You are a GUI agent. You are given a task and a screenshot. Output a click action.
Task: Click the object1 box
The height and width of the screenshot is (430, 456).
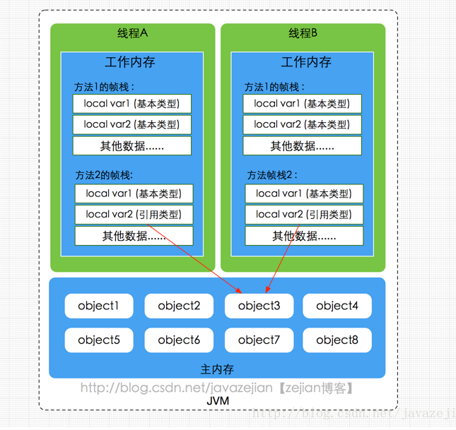click(x=99, y=306)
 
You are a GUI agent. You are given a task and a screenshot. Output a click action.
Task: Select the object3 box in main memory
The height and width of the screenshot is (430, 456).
click(x=259, y=306)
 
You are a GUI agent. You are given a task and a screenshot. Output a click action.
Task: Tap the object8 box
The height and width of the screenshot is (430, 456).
click(x=337, y=340)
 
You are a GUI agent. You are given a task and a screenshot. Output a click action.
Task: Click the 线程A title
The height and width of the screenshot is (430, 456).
click(x=132, y=33)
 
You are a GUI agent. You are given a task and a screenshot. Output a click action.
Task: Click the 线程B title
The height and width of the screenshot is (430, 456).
click(x=303, y=33)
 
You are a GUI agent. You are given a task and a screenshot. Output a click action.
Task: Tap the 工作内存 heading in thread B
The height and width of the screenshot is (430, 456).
click(x=306, y=62)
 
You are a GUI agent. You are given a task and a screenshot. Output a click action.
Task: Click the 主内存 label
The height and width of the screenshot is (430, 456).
click(x=217, y=369)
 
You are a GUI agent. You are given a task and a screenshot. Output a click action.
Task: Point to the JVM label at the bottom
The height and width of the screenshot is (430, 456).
click(x=217, y=401)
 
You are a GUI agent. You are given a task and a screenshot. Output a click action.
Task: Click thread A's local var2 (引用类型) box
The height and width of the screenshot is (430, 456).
click(x=134, y=215)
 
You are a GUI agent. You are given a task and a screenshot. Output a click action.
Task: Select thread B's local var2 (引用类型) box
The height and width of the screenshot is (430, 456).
click(x=304, y=215)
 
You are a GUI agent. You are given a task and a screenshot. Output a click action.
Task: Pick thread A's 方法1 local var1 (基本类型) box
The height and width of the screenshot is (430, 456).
click(x=131, y=104)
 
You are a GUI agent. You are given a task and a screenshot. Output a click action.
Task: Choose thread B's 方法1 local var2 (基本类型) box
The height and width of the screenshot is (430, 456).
click(x=302, y=124)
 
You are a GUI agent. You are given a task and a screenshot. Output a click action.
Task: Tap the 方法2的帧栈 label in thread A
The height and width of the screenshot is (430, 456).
click(x=104, y=175)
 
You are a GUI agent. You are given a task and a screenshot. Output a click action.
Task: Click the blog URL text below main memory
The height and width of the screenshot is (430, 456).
click(x=216, y=388)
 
